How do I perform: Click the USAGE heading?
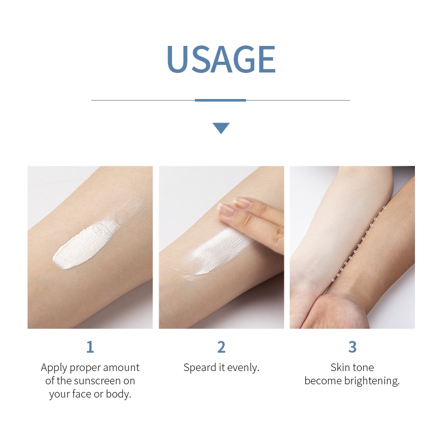tap(220, 60)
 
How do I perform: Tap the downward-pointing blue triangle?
tap(221, 128)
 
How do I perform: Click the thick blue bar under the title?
tap(220, 100)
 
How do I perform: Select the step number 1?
tap(90, 347)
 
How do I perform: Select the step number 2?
tap(221, 347)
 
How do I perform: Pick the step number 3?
tap(352, 347)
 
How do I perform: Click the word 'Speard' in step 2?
tap(200, 367)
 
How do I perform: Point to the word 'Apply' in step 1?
tap(54, 367)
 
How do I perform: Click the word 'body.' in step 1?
tap(119, 394)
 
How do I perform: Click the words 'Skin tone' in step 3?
tap(352, 367)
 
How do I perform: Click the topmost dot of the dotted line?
tap(384, 208)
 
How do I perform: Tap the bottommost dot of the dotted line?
tap(333, 280)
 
